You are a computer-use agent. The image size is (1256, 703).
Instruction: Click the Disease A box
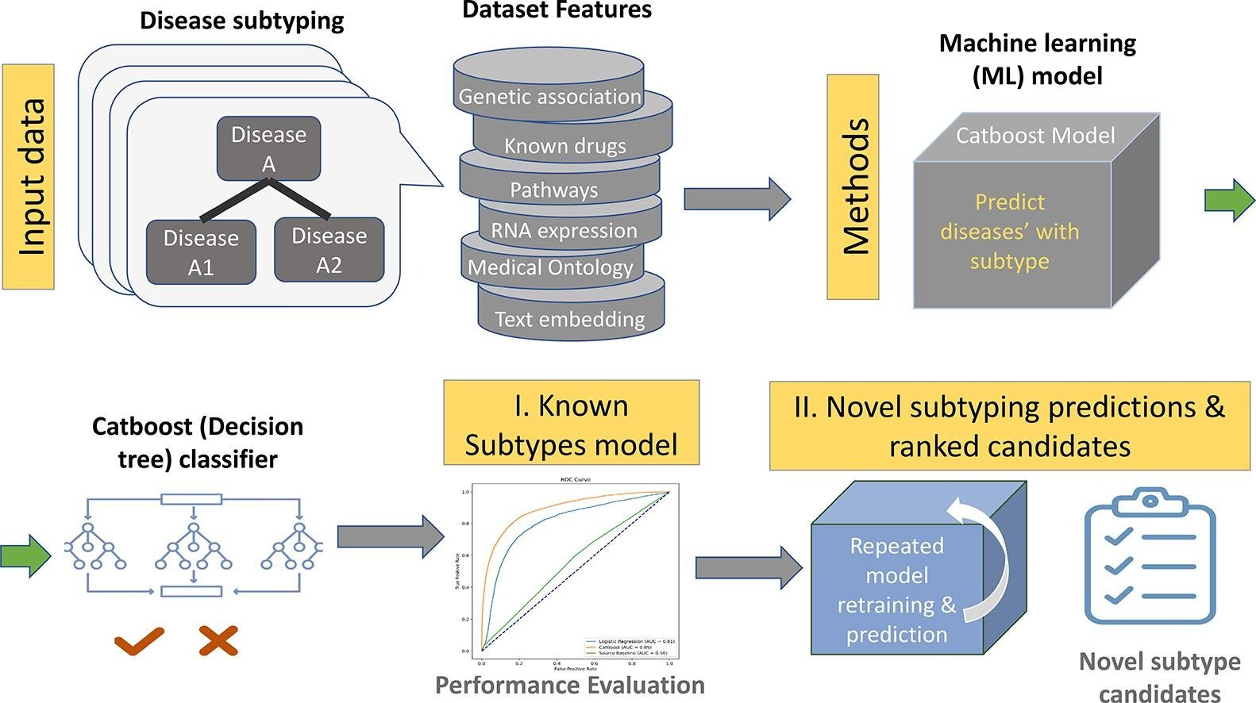268,148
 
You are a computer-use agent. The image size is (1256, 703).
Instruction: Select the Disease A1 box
201,252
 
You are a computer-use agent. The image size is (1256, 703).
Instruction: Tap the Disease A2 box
329,250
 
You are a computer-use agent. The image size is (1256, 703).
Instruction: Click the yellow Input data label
29,176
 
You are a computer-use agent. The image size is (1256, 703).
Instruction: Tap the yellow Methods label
853,186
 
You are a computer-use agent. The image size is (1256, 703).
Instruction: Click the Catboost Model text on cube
1034,136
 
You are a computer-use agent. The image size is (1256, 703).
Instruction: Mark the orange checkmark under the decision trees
139,640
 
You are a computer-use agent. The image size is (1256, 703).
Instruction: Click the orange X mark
218,640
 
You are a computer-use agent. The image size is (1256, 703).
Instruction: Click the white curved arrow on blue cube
984,555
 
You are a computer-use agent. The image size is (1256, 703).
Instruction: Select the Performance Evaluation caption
569,685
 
